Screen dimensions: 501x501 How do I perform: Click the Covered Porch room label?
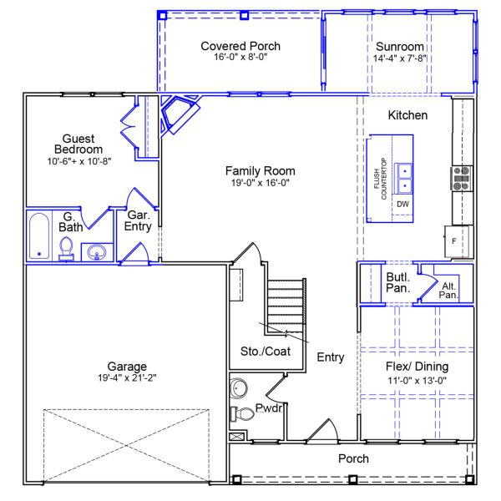240,46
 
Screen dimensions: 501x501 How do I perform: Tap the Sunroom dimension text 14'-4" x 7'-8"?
400,58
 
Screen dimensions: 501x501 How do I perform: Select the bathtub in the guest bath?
39,235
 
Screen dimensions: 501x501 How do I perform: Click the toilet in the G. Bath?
67,249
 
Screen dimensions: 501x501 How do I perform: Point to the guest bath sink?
97,252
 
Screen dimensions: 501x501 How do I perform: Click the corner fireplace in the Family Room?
180,114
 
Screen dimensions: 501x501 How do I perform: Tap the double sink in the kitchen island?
404,179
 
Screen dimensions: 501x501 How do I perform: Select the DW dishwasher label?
402,204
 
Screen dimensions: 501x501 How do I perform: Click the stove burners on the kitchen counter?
462,179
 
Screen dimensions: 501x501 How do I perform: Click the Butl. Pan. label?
397,282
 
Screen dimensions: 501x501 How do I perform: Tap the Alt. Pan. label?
448,290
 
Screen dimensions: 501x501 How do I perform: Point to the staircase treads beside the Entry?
286,306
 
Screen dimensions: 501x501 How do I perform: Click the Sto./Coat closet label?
266,352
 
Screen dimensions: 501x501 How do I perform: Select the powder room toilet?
242,413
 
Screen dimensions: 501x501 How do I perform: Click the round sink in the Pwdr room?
239,388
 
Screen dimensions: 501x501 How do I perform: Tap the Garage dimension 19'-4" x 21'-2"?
127,377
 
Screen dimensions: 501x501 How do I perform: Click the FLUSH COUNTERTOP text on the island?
380,179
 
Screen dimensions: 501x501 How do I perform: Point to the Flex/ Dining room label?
417,367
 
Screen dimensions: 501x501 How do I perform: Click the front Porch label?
353,458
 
